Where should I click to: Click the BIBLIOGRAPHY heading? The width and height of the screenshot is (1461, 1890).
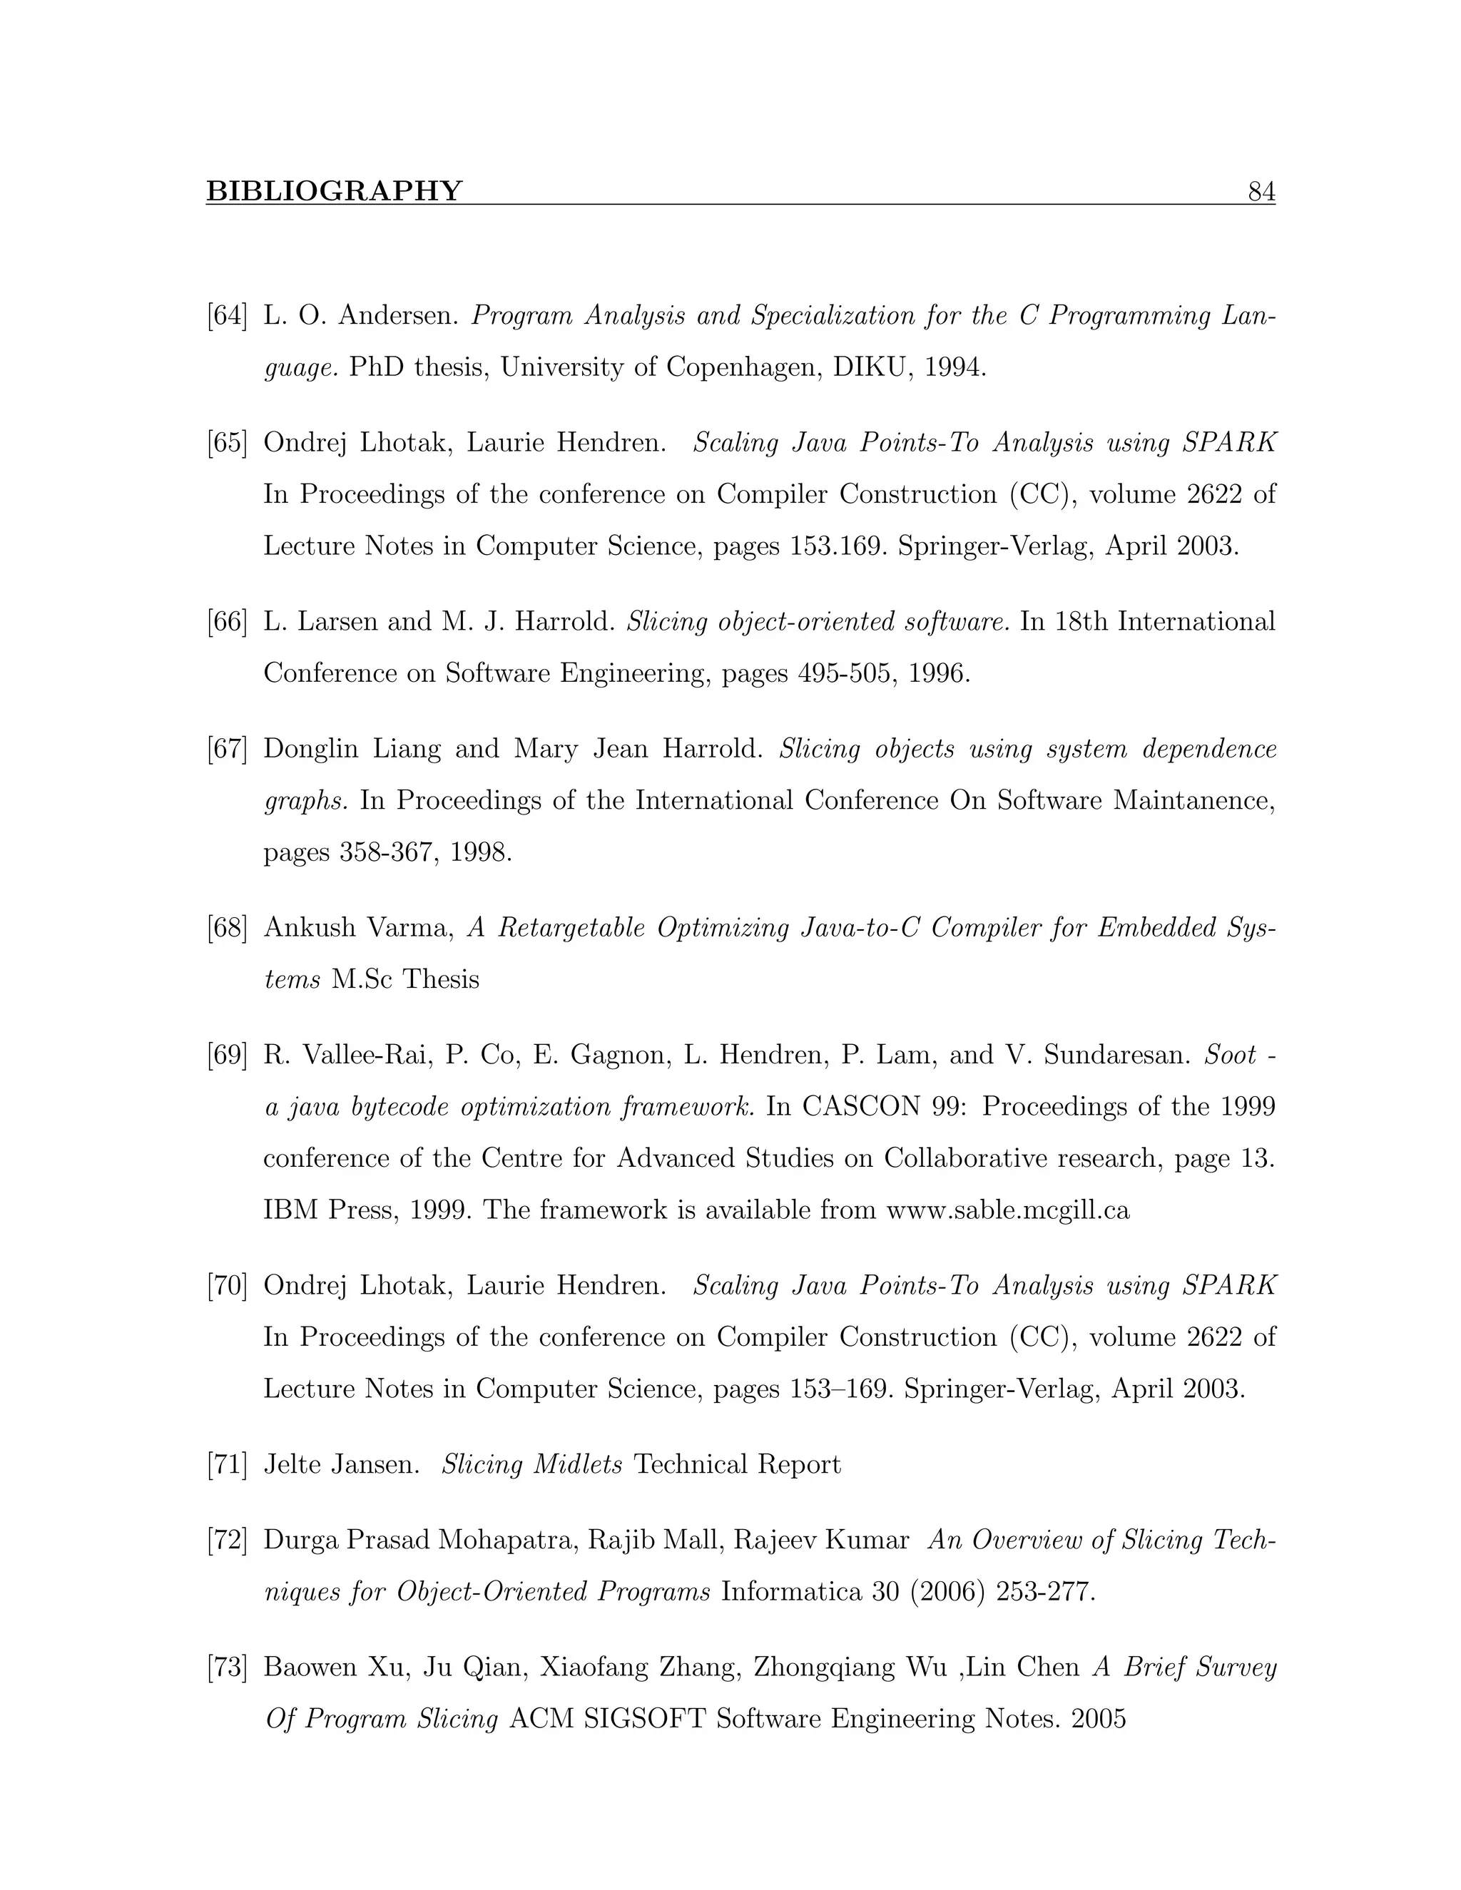click(334, 191)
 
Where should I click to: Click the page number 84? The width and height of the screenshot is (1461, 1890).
click(1261, 191)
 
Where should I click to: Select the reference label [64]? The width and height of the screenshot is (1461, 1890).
click(227, 316)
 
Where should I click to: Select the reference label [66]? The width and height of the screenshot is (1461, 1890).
click(227, 621)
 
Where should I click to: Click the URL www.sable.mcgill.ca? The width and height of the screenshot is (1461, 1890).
click(1007, 1210)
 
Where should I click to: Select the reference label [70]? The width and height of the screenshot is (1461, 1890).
click(227, 1286)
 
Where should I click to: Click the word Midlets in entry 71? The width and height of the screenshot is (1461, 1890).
click(577, 1465)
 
